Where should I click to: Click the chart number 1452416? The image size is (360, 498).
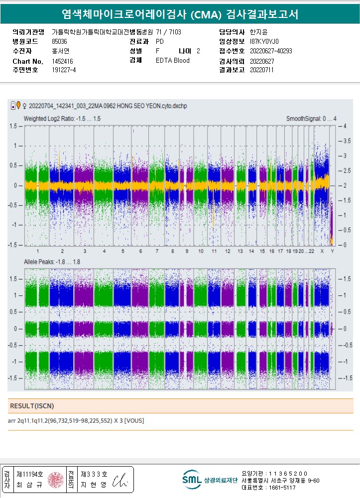pos(62,61)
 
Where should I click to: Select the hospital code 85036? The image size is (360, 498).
pos(59,42)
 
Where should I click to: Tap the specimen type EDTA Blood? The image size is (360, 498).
pos(172,61)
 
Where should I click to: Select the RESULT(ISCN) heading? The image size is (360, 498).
pos(32,406)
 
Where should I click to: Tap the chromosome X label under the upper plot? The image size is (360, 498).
pos(322,251)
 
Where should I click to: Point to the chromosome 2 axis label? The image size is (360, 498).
pos(61,251)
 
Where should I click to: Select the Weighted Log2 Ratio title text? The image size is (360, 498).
pos(62,119)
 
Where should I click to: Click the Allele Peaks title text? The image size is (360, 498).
pos(52,261)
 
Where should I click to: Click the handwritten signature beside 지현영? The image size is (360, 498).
pos(120,480)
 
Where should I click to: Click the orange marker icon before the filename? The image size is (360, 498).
pos(18,105)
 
